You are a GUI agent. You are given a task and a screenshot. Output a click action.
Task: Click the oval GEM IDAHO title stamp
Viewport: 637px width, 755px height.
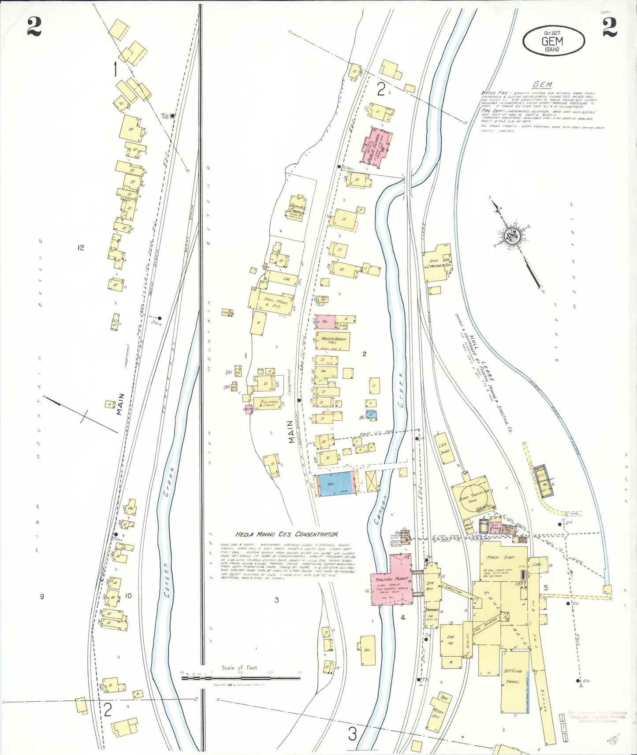coord(553,41)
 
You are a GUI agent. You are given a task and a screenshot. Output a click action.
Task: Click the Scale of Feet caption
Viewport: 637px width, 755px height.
coord(240,680)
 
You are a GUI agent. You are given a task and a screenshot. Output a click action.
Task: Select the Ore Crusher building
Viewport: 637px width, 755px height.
coord(437,264)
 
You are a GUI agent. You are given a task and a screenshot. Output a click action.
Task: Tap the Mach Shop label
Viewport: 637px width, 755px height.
coord(499,557)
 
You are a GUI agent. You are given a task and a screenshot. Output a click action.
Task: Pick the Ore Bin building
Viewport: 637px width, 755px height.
coord(432,585)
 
